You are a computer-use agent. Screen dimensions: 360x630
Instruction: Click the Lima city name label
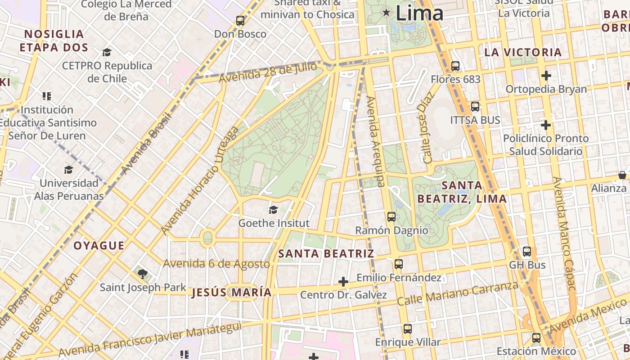(419, 13)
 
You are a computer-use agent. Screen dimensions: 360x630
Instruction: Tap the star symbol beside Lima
(386, 12)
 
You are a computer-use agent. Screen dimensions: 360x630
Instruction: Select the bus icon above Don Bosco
(240, 21)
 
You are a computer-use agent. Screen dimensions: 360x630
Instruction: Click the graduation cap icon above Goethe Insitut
(273, 210)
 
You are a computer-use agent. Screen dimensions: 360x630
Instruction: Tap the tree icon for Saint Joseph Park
(143, 274)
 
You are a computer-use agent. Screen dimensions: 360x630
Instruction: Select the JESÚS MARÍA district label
(232, 292)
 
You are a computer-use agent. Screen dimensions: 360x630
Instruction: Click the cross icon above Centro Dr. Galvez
(343, 282)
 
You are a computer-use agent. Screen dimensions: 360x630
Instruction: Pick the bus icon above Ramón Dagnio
(391, 217)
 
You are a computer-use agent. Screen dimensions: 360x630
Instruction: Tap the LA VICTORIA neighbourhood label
(523, 52)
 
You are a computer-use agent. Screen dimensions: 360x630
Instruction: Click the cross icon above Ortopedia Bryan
(546, 76)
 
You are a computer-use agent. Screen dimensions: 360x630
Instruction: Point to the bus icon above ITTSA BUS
(475, 107)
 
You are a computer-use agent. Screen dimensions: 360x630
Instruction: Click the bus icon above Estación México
(536, 338)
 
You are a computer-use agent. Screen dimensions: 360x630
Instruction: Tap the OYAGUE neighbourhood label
(99, 245)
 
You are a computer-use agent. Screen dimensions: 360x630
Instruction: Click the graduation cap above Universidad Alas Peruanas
(68, 170)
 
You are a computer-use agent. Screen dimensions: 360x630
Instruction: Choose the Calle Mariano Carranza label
(457, 293)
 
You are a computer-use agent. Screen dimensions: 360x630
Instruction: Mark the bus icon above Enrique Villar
(408, 329)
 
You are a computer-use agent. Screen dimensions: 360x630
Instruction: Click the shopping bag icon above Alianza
(622, 175)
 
